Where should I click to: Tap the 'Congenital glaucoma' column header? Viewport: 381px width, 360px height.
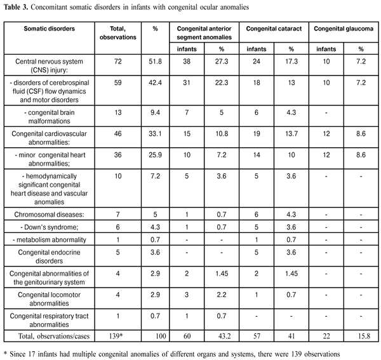[x=343, y=30]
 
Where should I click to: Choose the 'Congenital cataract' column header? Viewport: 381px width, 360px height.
[x=272, y=30]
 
